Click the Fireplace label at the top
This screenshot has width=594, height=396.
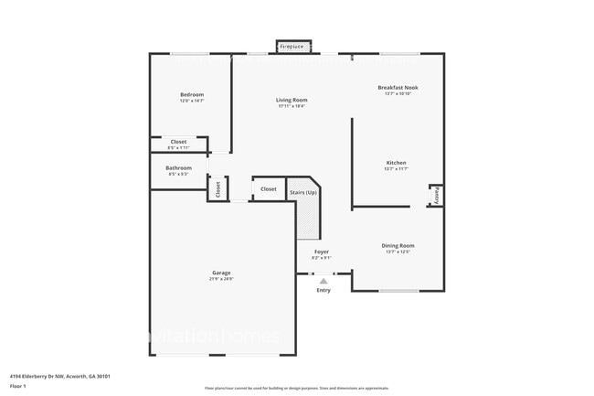[292, 46]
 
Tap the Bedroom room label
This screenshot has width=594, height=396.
[192, 95]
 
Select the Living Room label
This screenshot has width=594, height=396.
[292, 100]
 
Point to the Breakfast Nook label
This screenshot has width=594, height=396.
[398, 88]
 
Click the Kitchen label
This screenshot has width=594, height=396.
[396, 163]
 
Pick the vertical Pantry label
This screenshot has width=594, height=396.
[437, 195]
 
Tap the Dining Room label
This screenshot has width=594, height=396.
[398, 245]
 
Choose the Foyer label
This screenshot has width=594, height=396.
[322, 252]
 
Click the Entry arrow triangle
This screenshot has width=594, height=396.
[324, 282]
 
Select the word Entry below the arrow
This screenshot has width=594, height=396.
[324, 291]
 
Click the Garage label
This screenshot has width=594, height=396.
[221, 273]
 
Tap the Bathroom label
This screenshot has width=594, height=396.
[178, 168]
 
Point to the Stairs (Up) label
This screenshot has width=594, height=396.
[303, 192]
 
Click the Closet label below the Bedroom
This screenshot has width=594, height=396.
[178, 142]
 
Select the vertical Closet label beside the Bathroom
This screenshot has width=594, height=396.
[218, 189]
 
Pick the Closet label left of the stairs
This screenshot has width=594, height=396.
[268, 189]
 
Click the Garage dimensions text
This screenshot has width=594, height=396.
[221, 279]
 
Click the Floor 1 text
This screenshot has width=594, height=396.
[18, 386]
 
